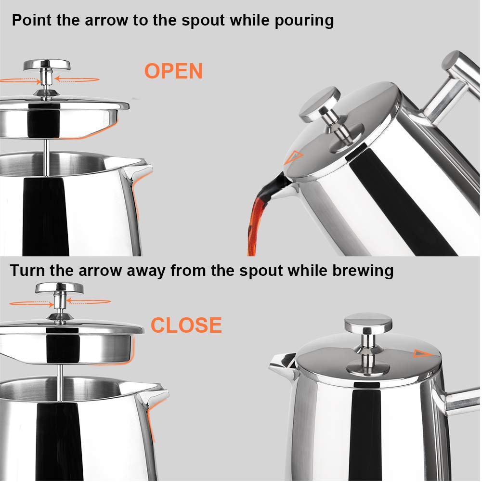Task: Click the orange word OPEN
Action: click(173, 71)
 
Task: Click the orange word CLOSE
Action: click(186, 326)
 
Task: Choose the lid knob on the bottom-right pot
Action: click(368, 322)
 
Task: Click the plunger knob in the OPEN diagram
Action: click(47, 65)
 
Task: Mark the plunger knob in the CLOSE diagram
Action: click(59, 288)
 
